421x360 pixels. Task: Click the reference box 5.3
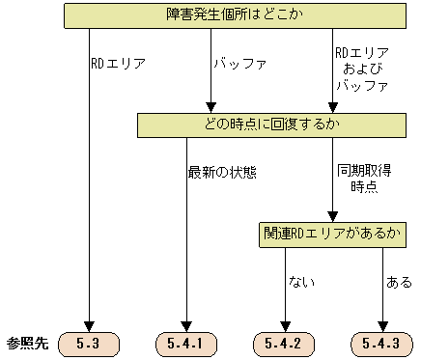coord(89,343)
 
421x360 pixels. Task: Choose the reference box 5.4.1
coord(186,343)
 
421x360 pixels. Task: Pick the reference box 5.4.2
coord(284,343)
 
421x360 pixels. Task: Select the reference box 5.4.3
coord(380,343)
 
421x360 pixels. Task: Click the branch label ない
coord(300,283)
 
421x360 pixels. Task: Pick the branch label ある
coord(398,283)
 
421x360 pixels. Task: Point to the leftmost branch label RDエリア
coord(118,65)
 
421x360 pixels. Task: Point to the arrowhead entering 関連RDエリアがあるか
coord(332,216)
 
